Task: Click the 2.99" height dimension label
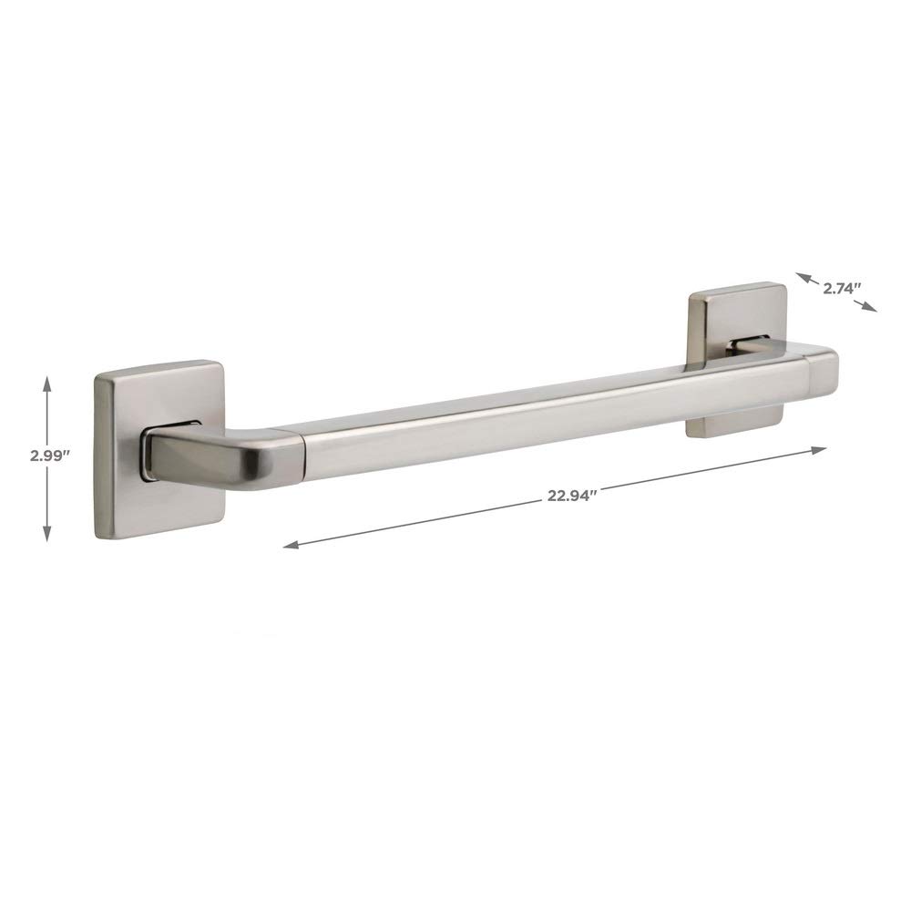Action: pos(50,455)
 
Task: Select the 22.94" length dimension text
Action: pos(572,496)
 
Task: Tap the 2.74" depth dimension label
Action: pos(841,287)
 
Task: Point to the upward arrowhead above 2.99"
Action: pos(47,384)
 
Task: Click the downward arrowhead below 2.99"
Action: pos(47,533)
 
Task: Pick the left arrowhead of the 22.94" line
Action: pos(292,545)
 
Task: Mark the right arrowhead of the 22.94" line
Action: pos(819,450)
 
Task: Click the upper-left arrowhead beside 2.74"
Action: pos(803,277)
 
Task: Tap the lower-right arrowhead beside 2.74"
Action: pos(869,307)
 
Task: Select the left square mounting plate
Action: pos(158,450)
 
